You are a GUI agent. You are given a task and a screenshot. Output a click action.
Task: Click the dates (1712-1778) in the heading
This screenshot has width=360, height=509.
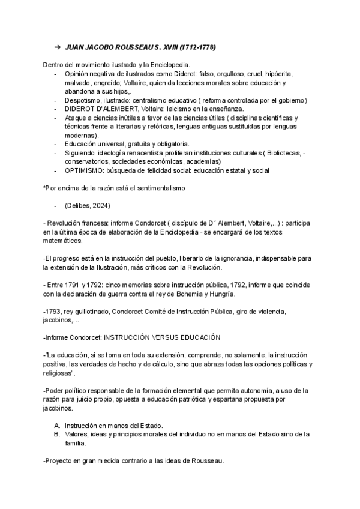coord(196,47)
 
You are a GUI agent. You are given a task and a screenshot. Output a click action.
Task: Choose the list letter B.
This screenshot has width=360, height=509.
coord(57,434)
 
